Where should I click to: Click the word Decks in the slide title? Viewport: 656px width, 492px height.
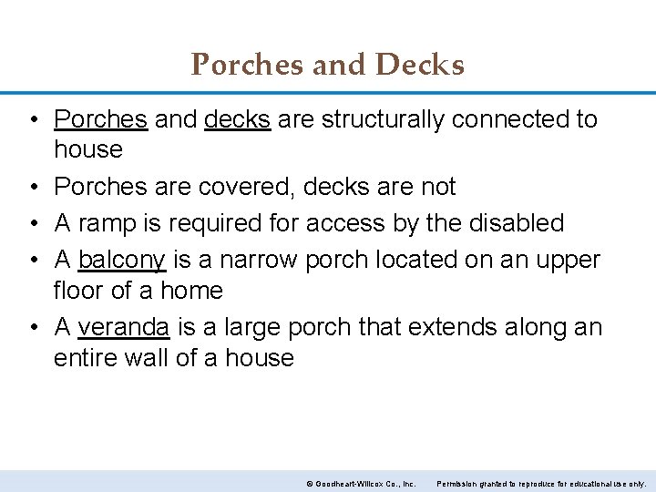point(422,65)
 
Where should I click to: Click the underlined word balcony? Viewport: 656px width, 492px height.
point(122,261)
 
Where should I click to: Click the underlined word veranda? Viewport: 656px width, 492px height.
point(123,327)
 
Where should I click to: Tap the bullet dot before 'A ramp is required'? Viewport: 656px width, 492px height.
point(32,223)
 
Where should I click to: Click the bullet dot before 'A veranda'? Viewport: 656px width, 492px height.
point(32,327)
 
